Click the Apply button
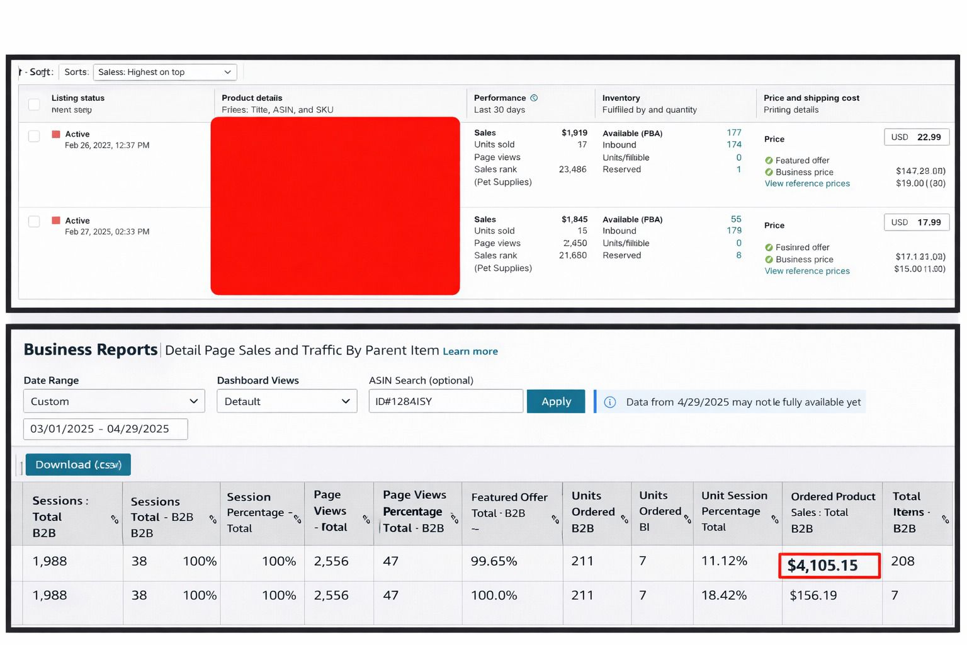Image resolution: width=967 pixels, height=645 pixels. (x=556, y=401)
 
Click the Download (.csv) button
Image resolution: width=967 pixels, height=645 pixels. (x=78, y=465)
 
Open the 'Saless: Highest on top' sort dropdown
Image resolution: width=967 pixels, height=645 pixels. (x=165, y=72)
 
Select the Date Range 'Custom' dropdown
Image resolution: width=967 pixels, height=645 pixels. (x=114, y=401)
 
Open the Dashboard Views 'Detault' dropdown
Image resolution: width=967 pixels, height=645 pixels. (x=286, y=401)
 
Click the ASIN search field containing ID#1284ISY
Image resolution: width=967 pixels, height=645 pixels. (x=445, y=401)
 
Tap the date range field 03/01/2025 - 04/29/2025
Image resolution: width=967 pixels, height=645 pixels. (x=105, y=429)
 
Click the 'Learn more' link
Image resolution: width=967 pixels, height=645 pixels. (x=470, y=351)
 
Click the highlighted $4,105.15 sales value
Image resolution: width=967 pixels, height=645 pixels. (x=828, y=566)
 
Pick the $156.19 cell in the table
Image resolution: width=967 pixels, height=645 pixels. (x=813, y=595)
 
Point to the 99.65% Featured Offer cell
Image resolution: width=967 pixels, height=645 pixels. (x=494, y=561)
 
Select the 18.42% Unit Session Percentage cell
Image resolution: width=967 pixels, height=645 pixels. (x=724, y=595)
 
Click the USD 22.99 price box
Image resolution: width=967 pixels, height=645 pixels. (x=916, y=137)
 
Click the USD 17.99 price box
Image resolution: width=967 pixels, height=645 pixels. (x=916, y=222)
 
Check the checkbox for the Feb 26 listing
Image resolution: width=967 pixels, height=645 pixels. (x=34, y=136)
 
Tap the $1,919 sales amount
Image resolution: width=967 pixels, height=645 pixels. (x=574, y=133)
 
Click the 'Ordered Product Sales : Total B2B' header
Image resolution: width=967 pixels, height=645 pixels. (x=832, y=513)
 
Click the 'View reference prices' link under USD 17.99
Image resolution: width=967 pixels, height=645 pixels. (x=807, y=271)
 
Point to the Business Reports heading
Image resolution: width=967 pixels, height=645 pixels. (x=91, y=350)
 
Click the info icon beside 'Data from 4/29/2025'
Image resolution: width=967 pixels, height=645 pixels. (x=610, y=402)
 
